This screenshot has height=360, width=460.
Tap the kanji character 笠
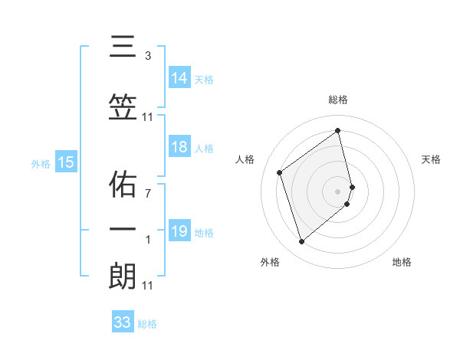[x=123, y=110]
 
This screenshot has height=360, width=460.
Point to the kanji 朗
[x=123, y=277]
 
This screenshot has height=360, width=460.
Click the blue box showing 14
[x=179, y=78]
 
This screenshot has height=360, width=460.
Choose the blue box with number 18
[x=179, y=148]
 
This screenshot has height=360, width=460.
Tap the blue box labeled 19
[x=179, y=231]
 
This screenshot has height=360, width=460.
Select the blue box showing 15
[x=66, y=162]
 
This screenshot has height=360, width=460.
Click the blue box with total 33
[x=123, y=322]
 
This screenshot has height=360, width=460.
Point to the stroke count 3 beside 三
[x=148, y=55]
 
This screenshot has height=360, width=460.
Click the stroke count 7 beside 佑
[x=148, y=195]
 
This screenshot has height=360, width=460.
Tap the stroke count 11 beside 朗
[x=148, y=286]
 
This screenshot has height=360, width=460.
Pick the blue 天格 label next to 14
[x=204, y=79]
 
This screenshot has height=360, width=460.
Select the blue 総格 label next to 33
[x=147, y=323]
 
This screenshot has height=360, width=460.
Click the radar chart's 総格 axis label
[x=338, y=100]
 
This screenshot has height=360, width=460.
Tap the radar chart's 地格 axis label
[x=402, y=262]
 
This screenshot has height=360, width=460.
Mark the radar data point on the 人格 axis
[x=280, y=172]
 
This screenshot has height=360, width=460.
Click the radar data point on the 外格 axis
[x=301, y=242]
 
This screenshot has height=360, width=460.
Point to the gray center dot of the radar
[x=338, y=191]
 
